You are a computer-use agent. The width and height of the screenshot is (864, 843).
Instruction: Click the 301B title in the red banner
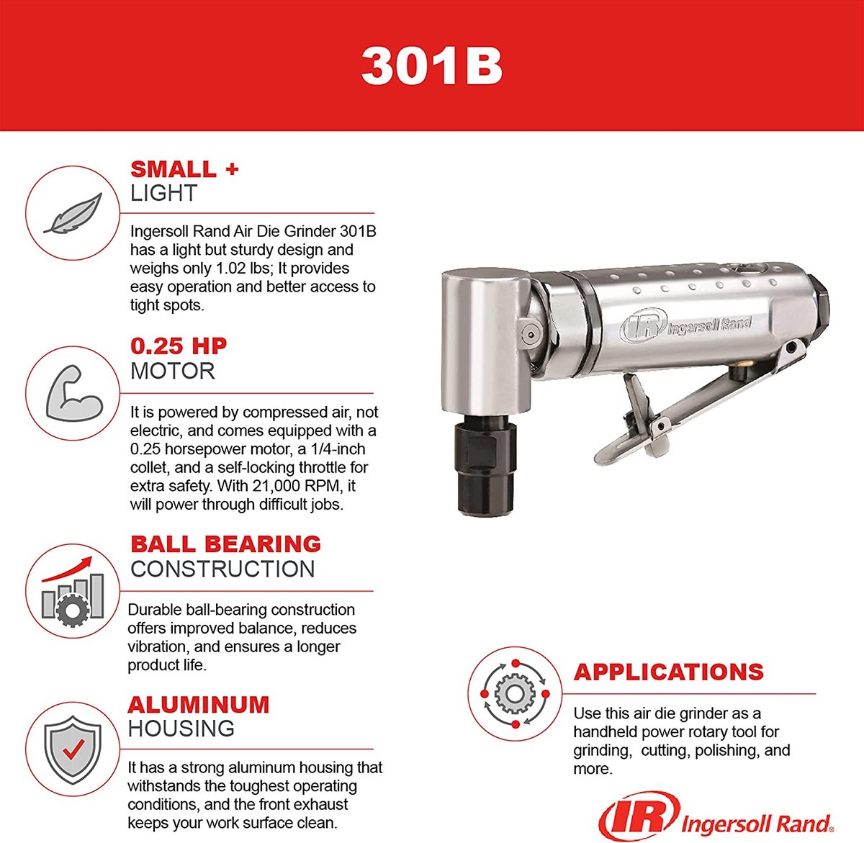pyautogui.click(x=431, y=66)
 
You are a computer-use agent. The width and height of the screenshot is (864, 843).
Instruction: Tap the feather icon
pyautogui.click(x=72, y=213)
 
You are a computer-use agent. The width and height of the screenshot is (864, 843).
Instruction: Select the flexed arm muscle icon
pyautogui.click(x=72, y=393)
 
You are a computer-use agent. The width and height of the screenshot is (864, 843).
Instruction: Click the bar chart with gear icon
pyautogui.click(x=72, y=590)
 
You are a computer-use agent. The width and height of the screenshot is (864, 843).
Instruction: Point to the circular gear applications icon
pyautogui.click(x=514, y=693)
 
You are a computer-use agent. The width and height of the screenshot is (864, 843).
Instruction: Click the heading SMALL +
pyautogui.click(x=184, y=169)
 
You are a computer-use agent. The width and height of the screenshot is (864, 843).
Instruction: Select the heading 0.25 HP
pyautogui.click(x=179, y=346)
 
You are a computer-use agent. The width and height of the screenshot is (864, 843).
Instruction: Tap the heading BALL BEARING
pyautogui.click(x=225, y=544)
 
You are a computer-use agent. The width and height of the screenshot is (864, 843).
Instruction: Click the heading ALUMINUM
pyautogui.click(x=199, y=704)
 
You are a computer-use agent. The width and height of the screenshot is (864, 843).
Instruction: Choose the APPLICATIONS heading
pyautogui.click(x=668, y=672)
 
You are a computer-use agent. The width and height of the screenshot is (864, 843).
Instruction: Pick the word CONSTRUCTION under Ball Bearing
pyautogui.click(x=222, y=569)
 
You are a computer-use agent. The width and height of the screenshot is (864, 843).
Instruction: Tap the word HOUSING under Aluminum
pyautogui.click(x=181, y=729)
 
